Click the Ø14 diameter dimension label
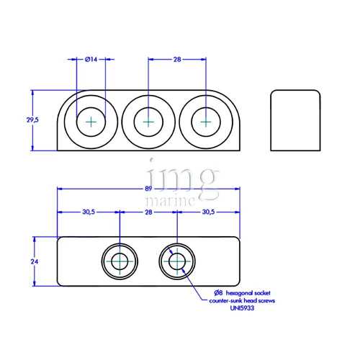(91, 60)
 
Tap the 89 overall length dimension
(148, 189)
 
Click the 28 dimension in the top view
(177, 60)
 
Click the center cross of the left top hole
(91, 122)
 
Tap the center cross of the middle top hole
(148, 122)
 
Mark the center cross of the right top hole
(206, 122)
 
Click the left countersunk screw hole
(120, 262)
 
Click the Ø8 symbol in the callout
(217, 292)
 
